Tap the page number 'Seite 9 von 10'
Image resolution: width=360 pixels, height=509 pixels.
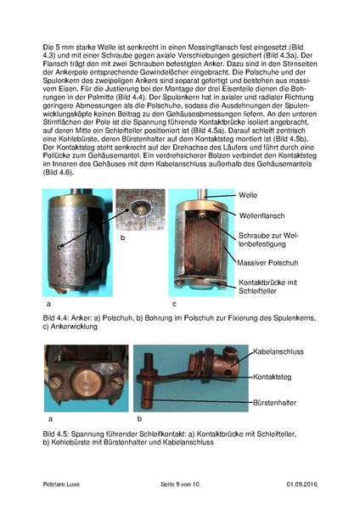click(179, 484)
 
